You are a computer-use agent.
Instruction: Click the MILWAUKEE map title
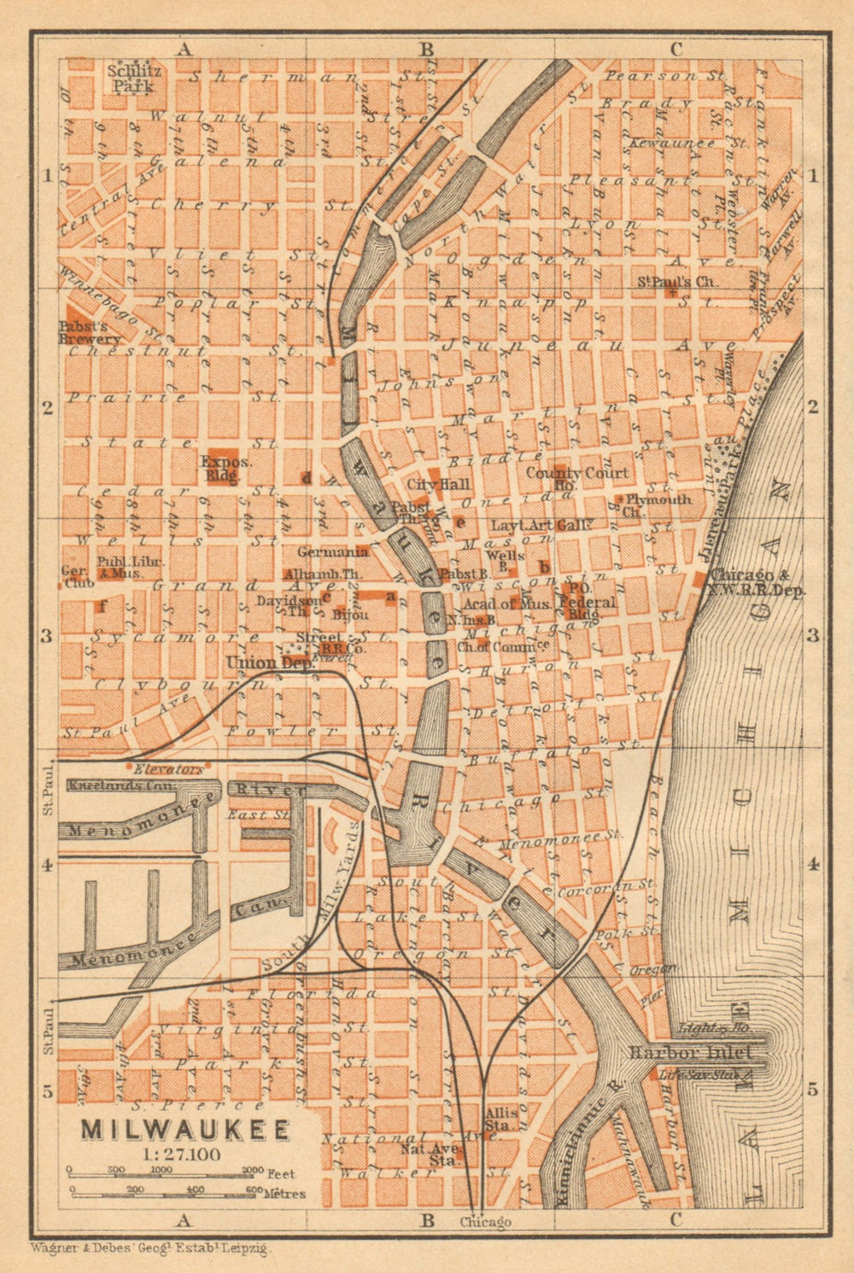[184, 1129]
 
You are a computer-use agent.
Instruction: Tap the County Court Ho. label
[576, 477]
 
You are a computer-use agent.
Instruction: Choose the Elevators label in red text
[173, 768]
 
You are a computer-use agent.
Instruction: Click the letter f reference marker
[102, 607]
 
